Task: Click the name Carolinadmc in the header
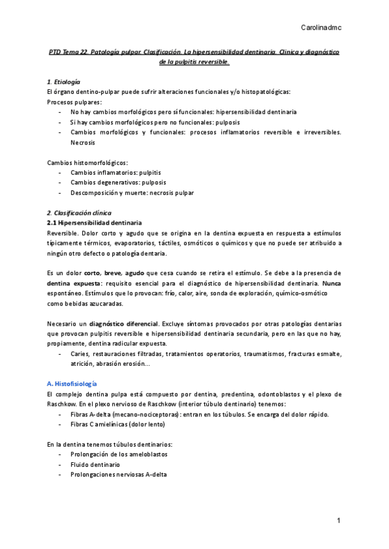point(322,27)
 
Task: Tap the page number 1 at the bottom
point(338,521)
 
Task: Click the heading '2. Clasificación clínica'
point(79,213)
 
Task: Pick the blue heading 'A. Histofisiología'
point(73,383)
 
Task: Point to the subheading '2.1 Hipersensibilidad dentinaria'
point(90,223)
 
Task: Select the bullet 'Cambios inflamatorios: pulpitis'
point(116,173)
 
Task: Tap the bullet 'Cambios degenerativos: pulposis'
point(119,183)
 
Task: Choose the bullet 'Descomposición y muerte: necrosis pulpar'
point(132,192)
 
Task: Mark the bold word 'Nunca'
point(332,284)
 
